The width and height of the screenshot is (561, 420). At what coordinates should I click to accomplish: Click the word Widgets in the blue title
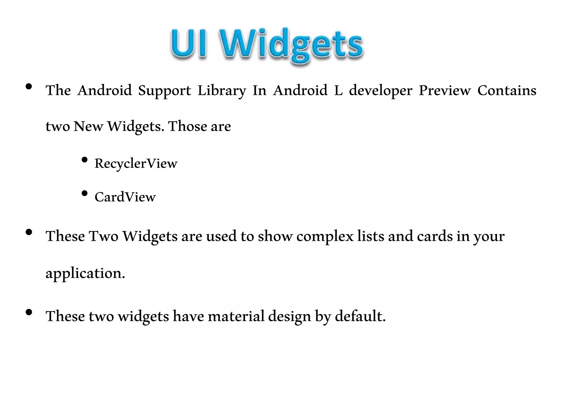(x=292, y=45)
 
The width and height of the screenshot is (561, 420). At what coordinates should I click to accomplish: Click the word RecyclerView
(x=136, y=164)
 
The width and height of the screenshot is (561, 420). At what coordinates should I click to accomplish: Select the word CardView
(x=125, y=197)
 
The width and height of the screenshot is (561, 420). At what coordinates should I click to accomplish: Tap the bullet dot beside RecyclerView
(x=85, y=160)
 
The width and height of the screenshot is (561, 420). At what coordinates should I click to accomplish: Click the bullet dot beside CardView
(x=85, y=193)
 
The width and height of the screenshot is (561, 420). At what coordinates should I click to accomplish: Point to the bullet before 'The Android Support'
(x=28, y=87)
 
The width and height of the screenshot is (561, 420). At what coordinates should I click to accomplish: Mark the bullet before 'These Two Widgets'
(x=28, y=232)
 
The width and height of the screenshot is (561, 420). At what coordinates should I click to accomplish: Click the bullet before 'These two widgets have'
(x=28, y=312)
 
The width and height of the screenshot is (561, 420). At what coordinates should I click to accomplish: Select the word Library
(x=222, y=91)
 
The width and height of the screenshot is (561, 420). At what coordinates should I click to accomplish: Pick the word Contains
(x=507, y=91)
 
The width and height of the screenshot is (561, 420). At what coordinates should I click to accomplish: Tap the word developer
(x=380, y=91)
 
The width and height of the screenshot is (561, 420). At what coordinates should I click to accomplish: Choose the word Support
(x=164, y=91)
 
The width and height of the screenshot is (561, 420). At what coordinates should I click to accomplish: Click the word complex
(x=325, y=236)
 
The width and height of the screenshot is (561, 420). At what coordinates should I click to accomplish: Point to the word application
(x=85, y=273)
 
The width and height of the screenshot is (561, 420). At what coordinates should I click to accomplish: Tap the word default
(x=360, y=316)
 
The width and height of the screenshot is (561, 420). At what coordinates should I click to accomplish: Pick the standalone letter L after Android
(x=338, y=91)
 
